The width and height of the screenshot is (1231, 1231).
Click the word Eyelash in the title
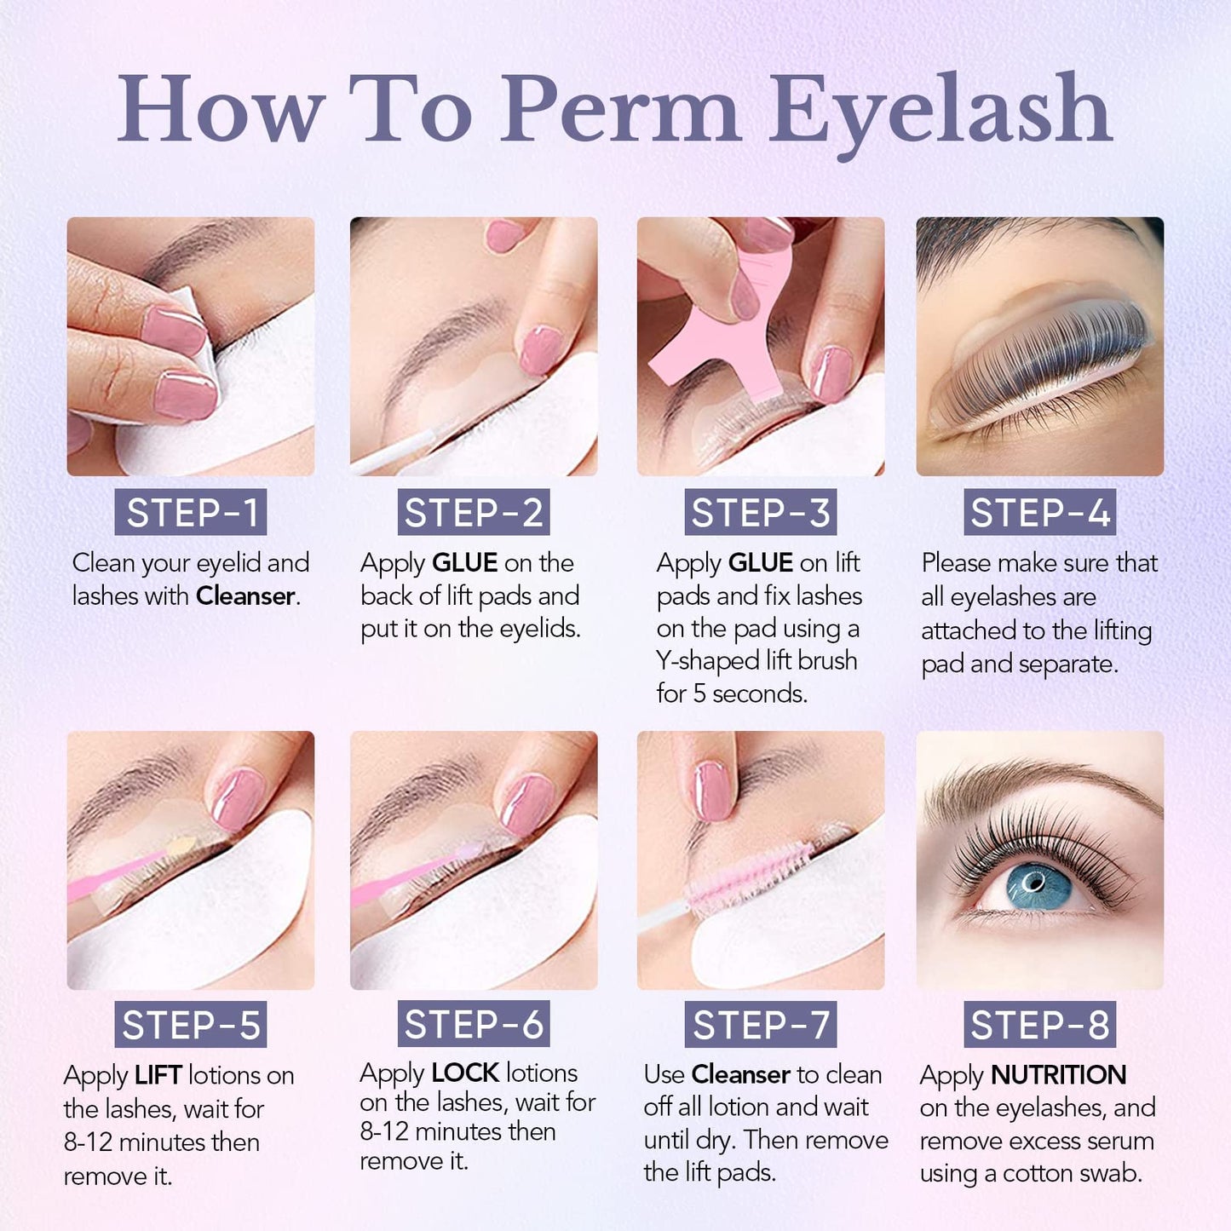(941, 111)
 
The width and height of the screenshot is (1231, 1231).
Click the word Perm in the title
(619, 111)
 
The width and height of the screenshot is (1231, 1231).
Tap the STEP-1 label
(191, 513)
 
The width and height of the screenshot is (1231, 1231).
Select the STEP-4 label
(1039, 513)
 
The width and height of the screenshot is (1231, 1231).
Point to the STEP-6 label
(474, 1024)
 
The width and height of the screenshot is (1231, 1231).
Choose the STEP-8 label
(1039, 1025)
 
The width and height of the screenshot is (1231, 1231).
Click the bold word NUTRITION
(1058, 1075)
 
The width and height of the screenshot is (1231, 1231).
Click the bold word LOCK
(465, 1073)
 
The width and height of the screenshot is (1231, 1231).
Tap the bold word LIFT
(158, 1076)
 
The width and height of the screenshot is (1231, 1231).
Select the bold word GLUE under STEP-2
(464, 563)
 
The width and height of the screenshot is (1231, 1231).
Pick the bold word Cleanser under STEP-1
(245, 596)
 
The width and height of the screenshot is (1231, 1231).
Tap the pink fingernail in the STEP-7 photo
(714, 791)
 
